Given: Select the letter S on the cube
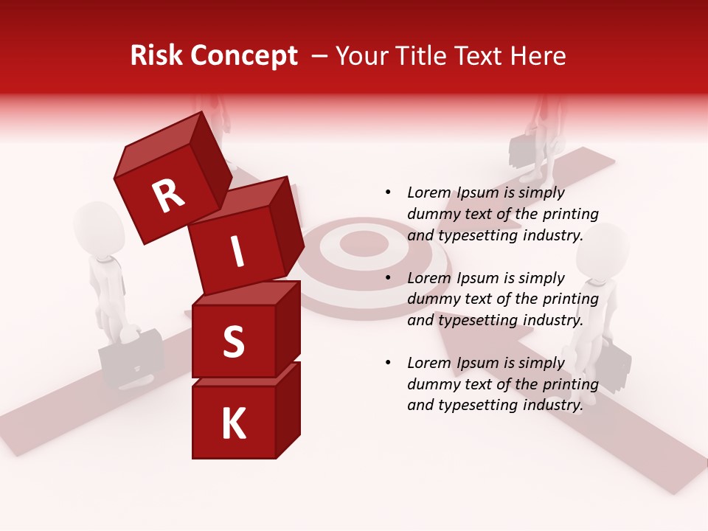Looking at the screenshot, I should [x=233, y=342].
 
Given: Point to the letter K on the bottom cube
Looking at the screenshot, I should [x=234, y=424].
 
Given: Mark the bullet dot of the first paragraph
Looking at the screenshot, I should [x=388, y=193].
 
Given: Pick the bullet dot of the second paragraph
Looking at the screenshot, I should [x=388, y=279].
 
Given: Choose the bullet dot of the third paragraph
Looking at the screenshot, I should [x=388, y=364].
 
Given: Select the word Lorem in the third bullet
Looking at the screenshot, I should [x=429, y=363].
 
